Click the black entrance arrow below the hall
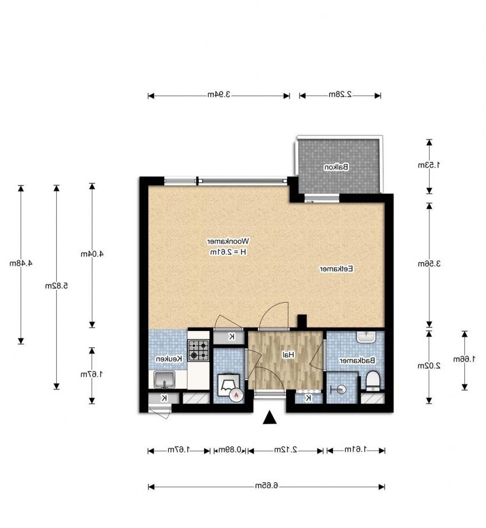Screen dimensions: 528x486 [x=269, y=417]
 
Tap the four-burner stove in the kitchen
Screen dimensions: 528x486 [x=199, y=350]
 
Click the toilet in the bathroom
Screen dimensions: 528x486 [x=373, y=381]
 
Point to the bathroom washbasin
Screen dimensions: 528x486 [x=367, y=337]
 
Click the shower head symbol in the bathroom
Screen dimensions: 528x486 [x=337, y=388]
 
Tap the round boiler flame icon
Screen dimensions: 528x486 [x=236, y=395]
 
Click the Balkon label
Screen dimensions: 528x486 [x=337, y=167]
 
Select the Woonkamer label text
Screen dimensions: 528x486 [x=229, y=241]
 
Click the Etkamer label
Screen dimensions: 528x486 [x=335, y=269]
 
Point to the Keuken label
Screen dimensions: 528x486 [x=169, y=358]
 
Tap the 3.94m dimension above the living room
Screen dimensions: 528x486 [x=218, y=94]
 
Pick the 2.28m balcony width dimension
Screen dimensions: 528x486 [x=339, y=94]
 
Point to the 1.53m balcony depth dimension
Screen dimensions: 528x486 [x=429, y=165]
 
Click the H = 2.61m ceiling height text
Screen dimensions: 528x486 [x=229, y=252]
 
